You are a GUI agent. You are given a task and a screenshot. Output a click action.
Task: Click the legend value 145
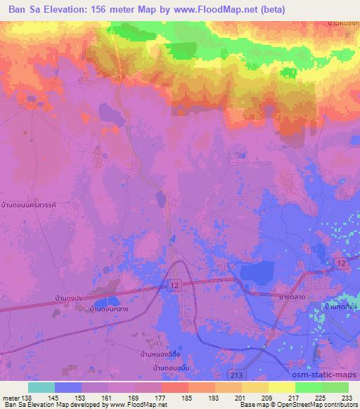[53, 398]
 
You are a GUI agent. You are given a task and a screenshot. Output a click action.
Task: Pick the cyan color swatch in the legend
[41, 387]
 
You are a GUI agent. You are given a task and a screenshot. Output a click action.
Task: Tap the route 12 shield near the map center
[174, 281]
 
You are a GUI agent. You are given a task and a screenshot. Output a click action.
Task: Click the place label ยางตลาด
[291, 297]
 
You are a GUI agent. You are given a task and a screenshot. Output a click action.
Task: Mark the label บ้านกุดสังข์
[341, 306]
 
